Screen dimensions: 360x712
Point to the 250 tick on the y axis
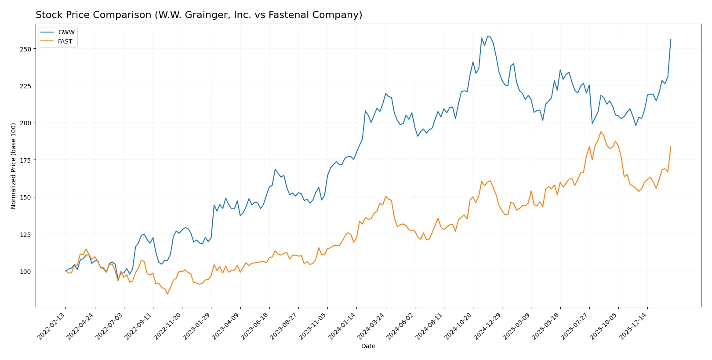point(25,49)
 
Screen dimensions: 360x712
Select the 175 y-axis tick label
point(25,160)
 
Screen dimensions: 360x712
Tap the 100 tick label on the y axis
point(25,272)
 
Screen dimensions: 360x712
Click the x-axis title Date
point(368,346)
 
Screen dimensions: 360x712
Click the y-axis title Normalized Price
point(13,166)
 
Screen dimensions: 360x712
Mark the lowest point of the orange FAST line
point(167,294)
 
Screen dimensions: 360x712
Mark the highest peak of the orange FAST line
point(601,131)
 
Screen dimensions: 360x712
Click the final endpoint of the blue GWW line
point(671,39)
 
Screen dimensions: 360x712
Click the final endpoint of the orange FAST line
point(671,147)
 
